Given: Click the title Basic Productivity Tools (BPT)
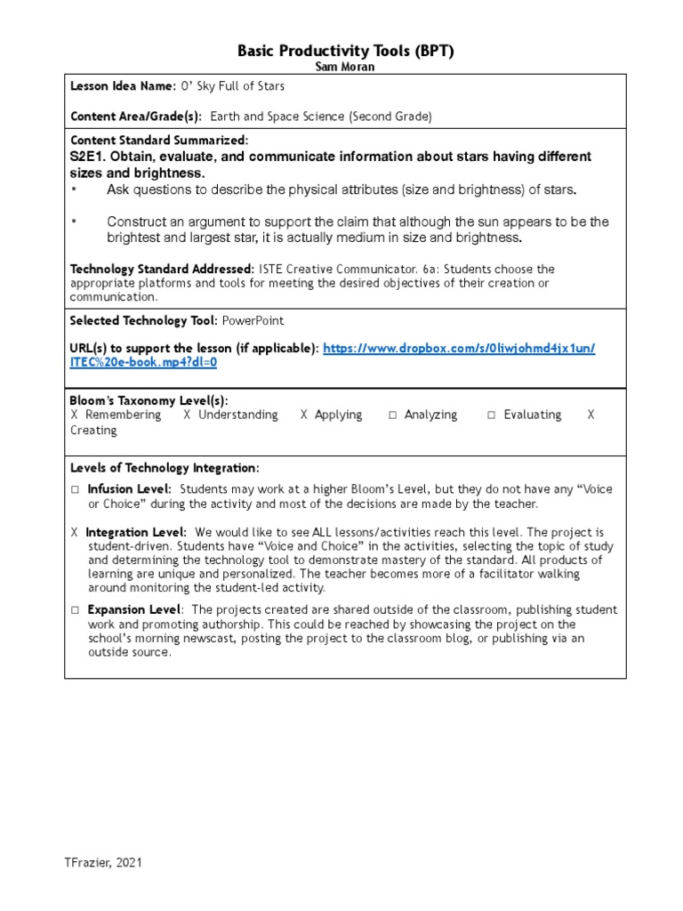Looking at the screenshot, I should pos(345,52).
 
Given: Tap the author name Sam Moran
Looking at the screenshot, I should pos(345,68).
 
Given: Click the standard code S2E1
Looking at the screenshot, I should pos(88,157).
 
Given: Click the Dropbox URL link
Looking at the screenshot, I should pos(459,348).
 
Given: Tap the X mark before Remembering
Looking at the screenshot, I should pos(75,415).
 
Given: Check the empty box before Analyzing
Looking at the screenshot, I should pos(392,415).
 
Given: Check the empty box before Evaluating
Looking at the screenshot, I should pos(492,415).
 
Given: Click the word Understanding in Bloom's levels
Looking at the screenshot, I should pos(237,415).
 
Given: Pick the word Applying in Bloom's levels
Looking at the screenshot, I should pos(338,415).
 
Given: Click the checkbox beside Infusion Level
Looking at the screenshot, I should pos(76,489).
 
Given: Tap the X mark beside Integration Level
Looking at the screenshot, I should pos(75,532).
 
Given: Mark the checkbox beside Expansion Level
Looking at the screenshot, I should pos(76,610).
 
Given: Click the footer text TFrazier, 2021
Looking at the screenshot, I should pos(102,862).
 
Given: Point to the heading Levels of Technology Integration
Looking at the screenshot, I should pos(165,468).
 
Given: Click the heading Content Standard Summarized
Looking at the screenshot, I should pos(159,141).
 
